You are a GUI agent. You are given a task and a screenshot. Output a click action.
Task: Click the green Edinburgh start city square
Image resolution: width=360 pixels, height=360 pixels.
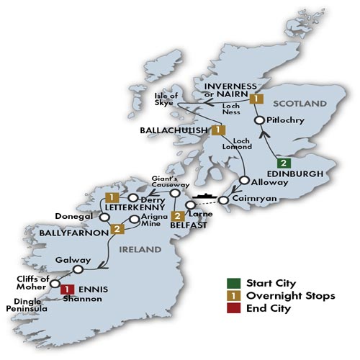(x=286, y=162)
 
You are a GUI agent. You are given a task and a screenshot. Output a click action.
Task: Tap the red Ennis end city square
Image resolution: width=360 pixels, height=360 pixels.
(x=66, y=289)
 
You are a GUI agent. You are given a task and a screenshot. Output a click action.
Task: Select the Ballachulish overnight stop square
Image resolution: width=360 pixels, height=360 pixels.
(x=217, y=130)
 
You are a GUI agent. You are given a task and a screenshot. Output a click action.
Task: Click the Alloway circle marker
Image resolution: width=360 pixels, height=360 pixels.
(x=245, y=180)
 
